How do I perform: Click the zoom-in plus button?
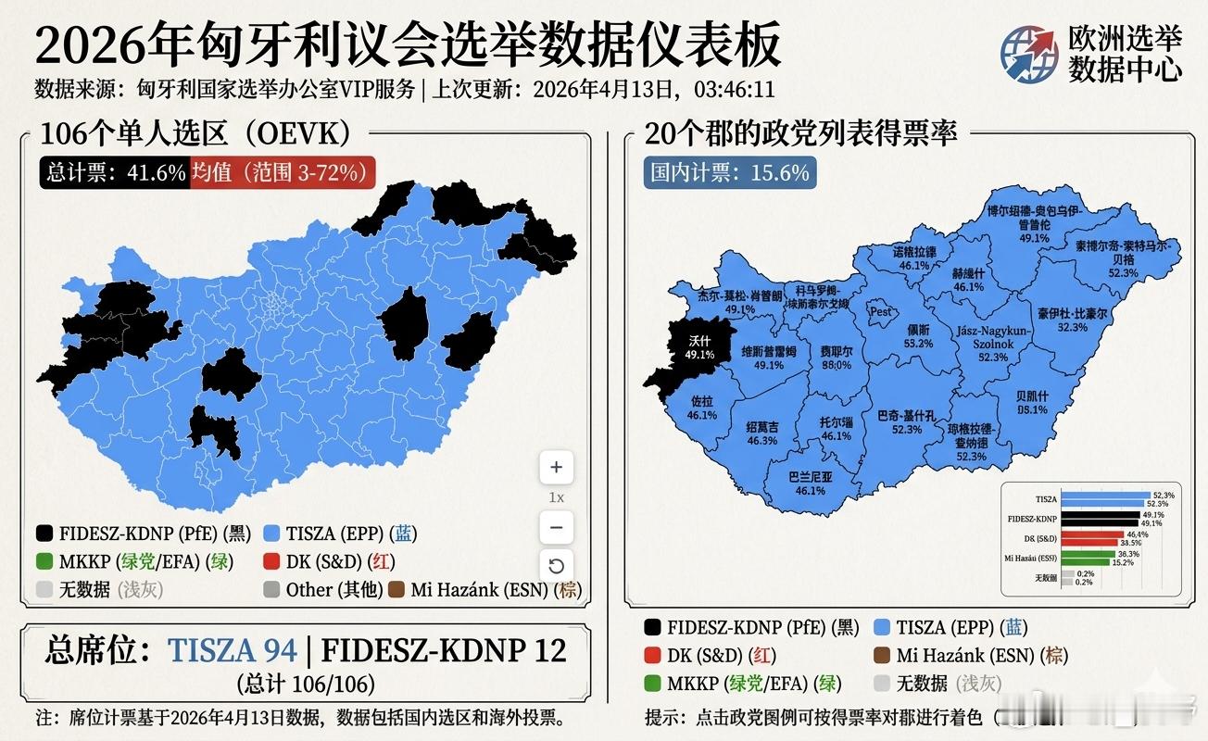coord(556,467)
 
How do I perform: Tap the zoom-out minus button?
coord(556,527)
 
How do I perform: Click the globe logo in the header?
coord(1028,53)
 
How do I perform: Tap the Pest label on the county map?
coord(881,312)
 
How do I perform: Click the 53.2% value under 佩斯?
coord(918,344)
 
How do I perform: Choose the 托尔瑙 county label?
coord(836,422)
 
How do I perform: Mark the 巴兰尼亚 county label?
coord(810,477)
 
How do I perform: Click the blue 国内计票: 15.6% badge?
coord(730,172)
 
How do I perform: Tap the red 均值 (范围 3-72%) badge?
coord(282,172)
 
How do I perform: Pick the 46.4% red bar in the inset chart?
coord(1100,534)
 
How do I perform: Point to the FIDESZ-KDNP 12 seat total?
coord(443,650)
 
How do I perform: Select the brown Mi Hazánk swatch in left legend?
coord(396,589)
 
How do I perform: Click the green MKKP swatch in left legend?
coord(44,561)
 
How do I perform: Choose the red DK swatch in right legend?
coord(653,655)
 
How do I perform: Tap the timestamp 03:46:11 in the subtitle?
coord(730,90)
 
